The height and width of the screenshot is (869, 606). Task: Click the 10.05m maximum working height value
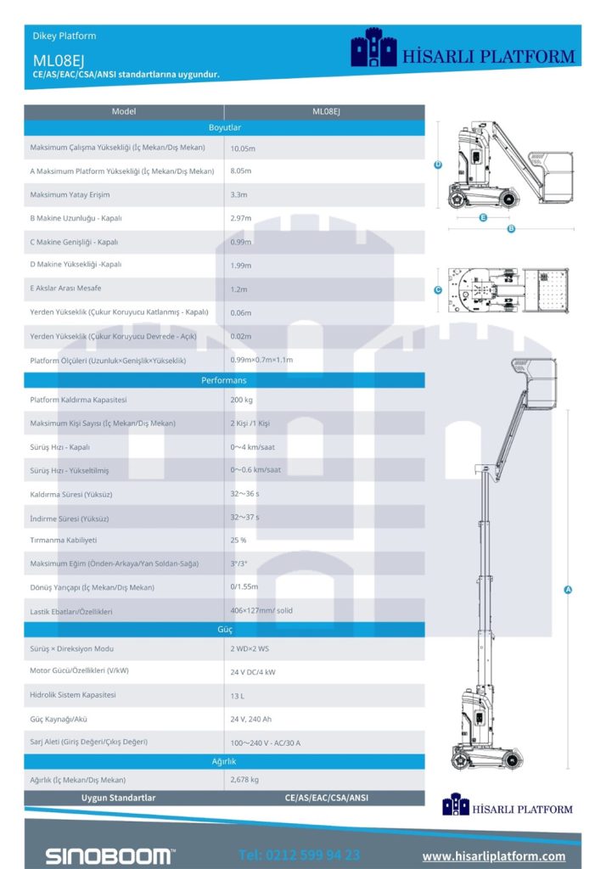[243, 148]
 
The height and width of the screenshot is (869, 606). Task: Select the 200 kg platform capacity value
[242, 400]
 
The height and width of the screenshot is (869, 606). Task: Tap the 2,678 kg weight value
[244, 779]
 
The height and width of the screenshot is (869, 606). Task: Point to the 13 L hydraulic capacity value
[238, 695]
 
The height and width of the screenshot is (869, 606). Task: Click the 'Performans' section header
[224, 380]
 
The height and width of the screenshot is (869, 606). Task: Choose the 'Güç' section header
[224, 630]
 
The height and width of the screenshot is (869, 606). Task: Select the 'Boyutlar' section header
[224, 127]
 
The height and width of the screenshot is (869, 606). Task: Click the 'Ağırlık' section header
[224, 761]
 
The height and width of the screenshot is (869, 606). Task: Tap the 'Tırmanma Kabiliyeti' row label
[64, 540]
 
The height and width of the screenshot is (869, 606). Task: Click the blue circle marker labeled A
[568, 590]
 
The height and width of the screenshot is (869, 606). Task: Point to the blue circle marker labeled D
[438, 165]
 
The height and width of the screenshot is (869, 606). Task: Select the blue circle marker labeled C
[438, 290]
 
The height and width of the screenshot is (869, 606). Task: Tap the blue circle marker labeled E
[482, 217]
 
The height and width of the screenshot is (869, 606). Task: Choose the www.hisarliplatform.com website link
[494, 855]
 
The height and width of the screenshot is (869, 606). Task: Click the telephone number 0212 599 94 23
[299, 855]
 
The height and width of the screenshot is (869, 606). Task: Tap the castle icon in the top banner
[374, 48]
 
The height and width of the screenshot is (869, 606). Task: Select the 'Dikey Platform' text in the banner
[64, 36]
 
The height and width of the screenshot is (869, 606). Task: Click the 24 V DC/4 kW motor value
[253, 671]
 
